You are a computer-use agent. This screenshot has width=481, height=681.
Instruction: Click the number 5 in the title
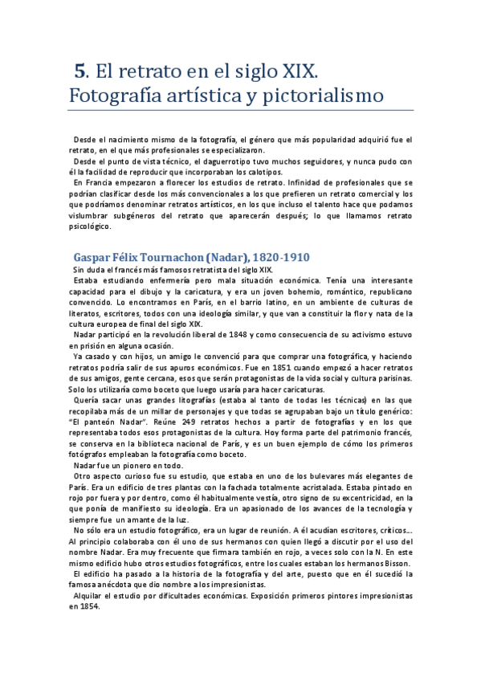tap(79, 71)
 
